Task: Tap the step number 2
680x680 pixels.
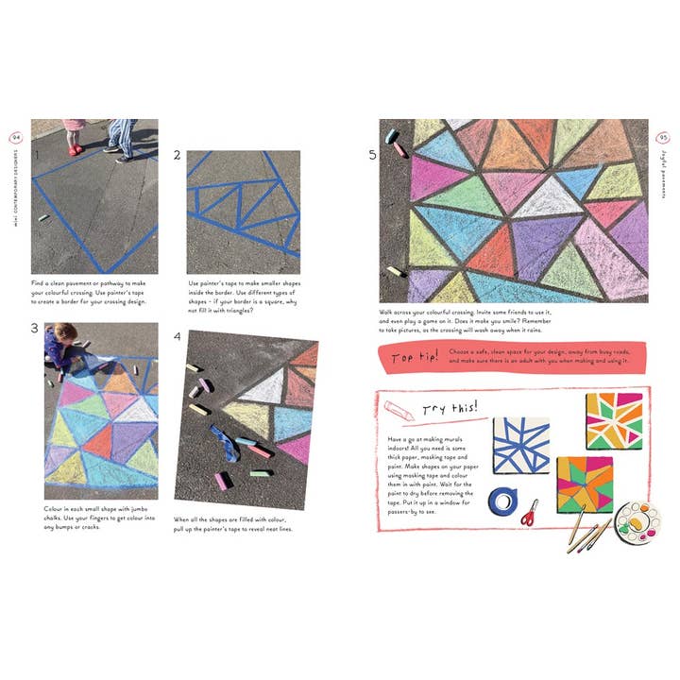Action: pyautogui.click(x=178, y=158)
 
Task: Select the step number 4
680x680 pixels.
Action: pyautogui.click(x=178, y=337)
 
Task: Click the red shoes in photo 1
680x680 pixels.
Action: pyautogui.click(x=74, y=149)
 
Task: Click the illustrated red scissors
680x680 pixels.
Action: pyautogui.click(x=529, y=512)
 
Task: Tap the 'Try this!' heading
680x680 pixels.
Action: pyautogui.click(x=450, y=408)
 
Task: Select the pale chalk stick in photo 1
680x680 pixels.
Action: pyautogui.click(x=42, y=218)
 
